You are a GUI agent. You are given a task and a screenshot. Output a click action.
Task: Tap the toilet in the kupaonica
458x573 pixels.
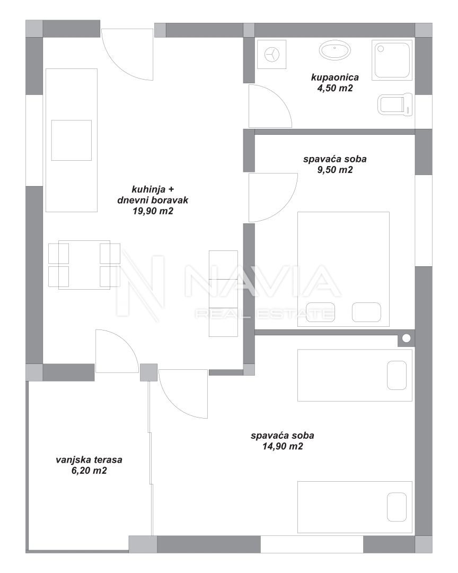tap(395, 105)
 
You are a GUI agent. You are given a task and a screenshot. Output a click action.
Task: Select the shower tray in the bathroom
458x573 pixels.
tap(392, 60)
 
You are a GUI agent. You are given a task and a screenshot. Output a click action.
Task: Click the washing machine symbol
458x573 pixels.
tap(271, 55)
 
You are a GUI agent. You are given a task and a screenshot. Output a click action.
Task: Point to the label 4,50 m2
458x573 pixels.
tap(335, 88)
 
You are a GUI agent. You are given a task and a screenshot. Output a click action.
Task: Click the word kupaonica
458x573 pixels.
tap(335, 77)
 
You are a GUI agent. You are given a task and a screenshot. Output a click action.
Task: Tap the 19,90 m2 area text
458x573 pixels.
tap(153, 211)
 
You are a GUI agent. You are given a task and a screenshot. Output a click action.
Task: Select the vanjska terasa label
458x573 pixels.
tap(89, 459)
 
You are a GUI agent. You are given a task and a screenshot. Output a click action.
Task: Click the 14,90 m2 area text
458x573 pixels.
tap(283, 446)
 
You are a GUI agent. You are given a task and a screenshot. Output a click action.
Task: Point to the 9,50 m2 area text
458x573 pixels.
tap(335, 170)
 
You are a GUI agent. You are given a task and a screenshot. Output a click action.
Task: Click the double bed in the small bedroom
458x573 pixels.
tap(343, 270)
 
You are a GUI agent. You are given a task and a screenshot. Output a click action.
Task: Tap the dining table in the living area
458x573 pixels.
tap(84, 265)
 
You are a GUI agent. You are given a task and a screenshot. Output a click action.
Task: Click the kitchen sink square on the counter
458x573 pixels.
tap(71, 140)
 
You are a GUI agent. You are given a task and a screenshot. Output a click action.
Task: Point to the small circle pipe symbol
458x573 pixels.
tap(406, 338)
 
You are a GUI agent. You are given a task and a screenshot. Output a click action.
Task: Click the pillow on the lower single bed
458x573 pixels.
tap(397, 507)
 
